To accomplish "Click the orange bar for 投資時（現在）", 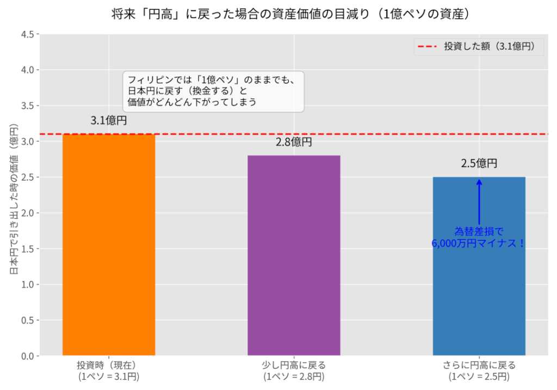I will (109, 245).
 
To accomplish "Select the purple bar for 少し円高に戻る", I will (294, 256).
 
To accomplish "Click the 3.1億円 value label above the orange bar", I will (109, 121).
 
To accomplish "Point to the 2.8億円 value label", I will (294, 143).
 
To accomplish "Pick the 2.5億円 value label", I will (479, 163).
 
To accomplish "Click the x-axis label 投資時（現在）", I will (109, 370).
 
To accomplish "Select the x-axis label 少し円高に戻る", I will (294, 370).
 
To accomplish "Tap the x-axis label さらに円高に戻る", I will (479, 370).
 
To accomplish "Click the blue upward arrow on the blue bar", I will (479, 201).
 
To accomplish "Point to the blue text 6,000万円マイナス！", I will (479, 243).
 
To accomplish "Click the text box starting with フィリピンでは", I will (213, 91).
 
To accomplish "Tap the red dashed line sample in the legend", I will (428, 47).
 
